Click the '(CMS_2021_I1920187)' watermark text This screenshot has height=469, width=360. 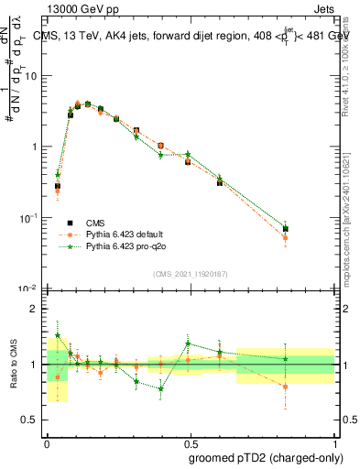(191, 274)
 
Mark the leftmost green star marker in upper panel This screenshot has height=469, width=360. (58, 174)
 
